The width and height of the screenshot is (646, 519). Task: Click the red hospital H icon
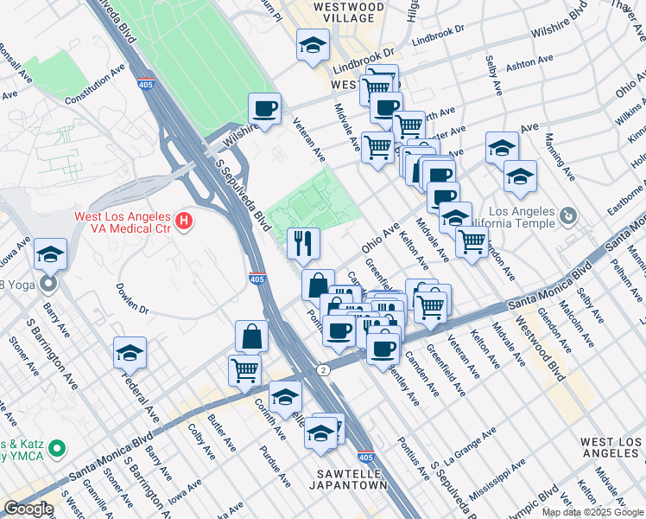(x=183, y=222)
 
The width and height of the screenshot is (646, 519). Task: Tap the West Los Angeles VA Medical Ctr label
(x=111, y=222)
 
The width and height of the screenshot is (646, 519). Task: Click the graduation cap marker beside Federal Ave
(x=130, y=352)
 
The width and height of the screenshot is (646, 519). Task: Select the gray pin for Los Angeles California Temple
(x=568, y=214)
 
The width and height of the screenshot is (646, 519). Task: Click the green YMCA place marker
(x=57, y=448)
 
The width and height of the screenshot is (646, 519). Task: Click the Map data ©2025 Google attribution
(x=592, y=512)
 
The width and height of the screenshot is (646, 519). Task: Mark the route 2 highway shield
(x=322, y=369)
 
